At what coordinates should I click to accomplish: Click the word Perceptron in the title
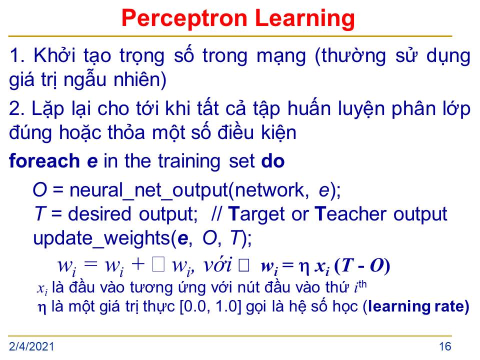click(x=184, y=19)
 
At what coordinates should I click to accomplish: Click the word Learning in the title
click(x=304, y=19)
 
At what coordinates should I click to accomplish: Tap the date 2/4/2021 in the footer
click(x=31, y=346)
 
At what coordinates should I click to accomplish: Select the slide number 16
click(x=445, y=346)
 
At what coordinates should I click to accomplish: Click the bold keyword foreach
click(x=44, y=161)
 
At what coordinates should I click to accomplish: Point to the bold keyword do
click(x=273, y=161)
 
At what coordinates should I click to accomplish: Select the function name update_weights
click(x=101, y=238)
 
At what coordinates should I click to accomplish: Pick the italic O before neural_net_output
click(x=40, y=190)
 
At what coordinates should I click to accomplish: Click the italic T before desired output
click(x=40, y=213)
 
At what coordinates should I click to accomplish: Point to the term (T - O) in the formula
click(x=362, y=265)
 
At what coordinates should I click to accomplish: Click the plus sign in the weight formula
click(x=138, y=264)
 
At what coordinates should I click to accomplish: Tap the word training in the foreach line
click(x=189, y=161)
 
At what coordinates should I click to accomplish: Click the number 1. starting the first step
click(x=17, y=55)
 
